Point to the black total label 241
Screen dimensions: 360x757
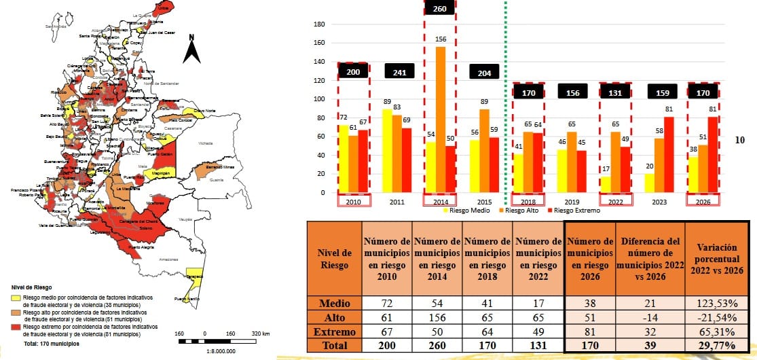pyautogui.click(x=399, y=71)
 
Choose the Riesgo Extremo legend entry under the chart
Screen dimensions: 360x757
pyautogui.click(x=576, y=211)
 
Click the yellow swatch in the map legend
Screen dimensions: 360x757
pyautogui.click(x=16, y=298)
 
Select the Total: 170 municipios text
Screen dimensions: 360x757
pyautogui.click(x=51, y=344)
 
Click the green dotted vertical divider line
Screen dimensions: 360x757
pyautogui.click(x=508, y=102)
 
